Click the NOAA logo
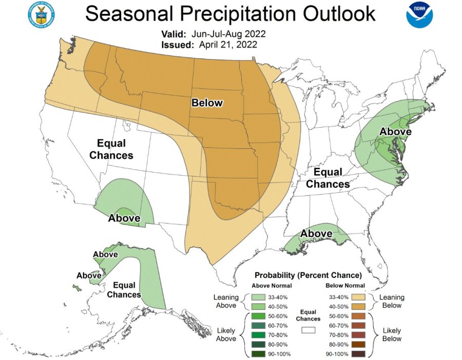(419, 15)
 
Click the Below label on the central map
(207, 103)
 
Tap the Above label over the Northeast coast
(395, 132)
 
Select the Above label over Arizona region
(124, 218)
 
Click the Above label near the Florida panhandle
(316, 234)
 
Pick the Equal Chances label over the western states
(111, 149)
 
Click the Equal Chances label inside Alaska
(124, 290)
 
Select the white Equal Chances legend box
(308, 331)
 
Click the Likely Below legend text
(392, 334)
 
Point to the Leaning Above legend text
(226, 301)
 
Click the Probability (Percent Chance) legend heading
(308, 275)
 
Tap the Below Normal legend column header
(345, 286)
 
